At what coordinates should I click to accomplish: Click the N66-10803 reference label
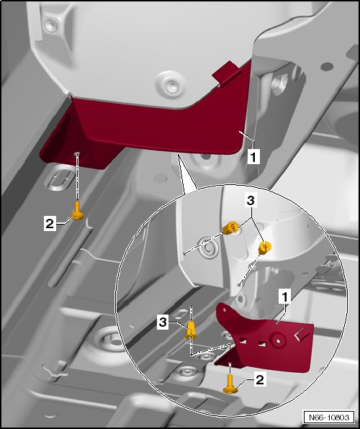click(329, 417)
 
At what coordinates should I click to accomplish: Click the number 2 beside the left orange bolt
click(50, 224)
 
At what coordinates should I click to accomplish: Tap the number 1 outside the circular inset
click(253, 158)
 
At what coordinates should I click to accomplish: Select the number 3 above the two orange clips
click(251, 201)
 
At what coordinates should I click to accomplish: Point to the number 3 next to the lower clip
click(163, 322)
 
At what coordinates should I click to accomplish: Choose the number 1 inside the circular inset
click(284, 297)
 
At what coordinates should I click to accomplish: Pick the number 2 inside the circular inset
click(259, 379)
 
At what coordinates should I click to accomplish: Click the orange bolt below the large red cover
click(77, 211)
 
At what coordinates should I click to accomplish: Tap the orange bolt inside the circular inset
click(230, 384)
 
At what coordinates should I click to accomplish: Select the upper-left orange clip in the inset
click(230, 228)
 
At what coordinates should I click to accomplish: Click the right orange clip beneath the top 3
click(264, 248)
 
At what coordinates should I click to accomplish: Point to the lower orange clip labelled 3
click(191, 330)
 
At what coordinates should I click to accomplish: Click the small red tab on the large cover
click(227, 73)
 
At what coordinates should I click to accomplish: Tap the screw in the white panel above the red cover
click(171, 85)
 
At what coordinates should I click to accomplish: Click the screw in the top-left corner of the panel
click(51, 25)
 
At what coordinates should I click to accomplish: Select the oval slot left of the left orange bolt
click(60, 181)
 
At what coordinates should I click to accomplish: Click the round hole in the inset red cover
click(278, 341)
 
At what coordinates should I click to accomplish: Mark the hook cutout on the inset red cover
click(301, 335)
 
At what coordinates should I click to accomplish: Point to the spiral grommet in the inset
click(209, 248)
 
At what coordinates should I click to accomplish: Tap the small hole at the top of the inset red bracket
click(225, 310)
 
